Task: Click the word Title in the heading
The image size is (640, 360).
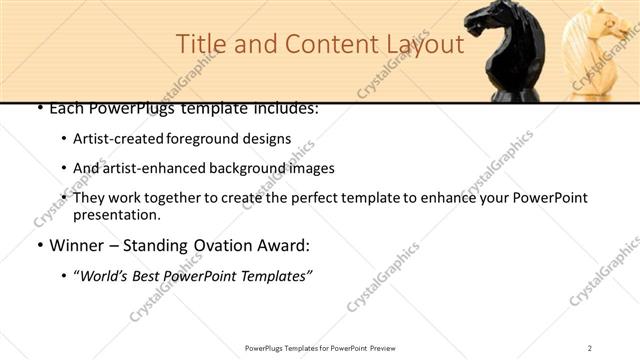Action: (x=198, y=45)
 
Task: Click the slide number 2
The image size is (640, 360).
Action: (x=590, y=348)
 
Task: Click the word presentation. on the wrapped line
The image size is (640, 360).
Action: (x=116, y=215)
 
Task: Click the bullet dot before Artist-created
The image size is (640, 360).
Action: (x=64, y=140)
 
